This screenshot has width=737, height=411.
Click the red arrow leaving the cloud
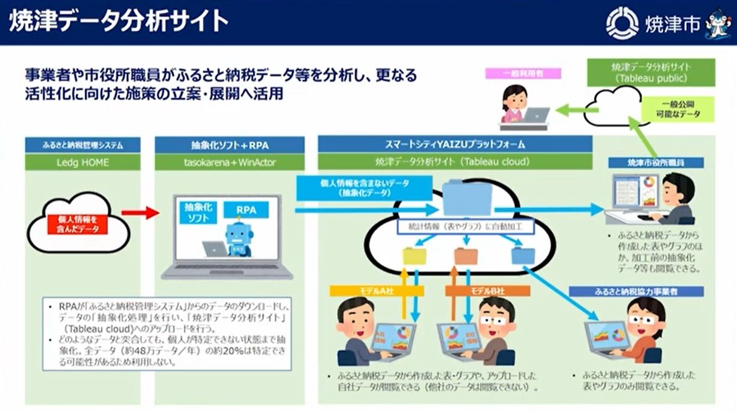click(140, 212)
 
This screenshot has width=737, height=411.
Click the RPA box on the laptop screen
click(245, 210)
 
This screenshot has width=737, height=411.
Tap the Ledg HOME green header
click(83, 162)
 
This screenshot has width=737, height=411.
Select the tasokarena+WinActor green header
click(229, 162)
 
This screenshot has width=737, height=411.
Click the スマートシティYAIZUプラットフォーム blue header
click(455, 145)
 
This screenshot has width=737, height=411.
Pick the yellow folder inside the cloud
click(414, 256)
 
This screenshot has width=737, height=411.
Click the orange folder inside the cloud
click(465, 256)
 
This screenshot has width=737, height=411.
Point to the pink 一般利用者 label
click(524, 73)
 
